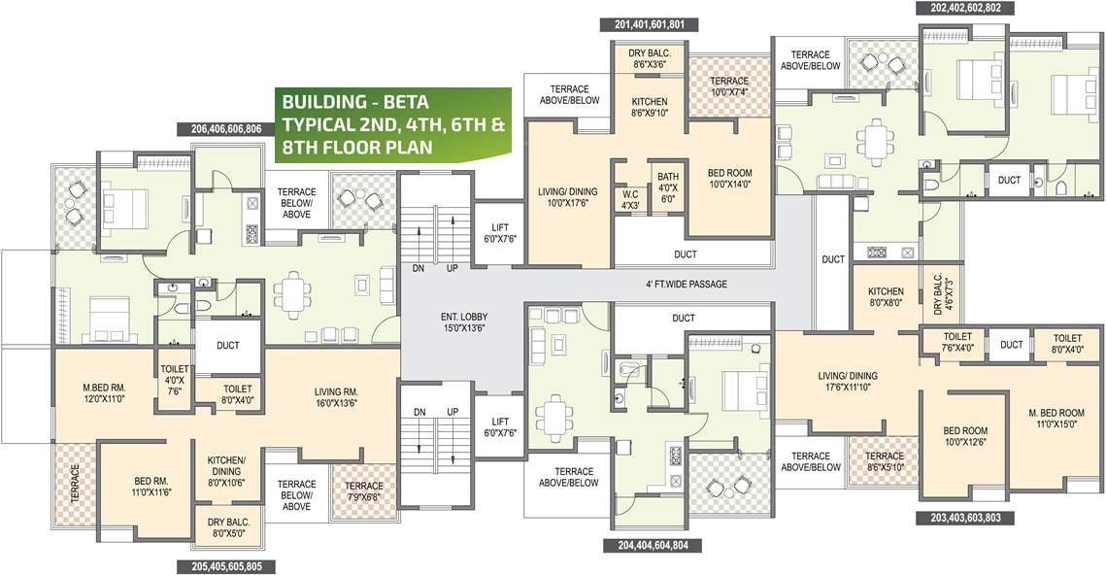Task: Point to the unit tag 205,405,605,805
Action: click(226, 565)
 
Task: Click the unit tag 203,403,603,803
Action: click(965, 518)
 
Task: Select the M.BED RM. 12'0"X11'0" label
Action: click(104, 392)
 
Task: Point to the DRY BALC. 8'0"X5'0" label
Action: click(230, 525)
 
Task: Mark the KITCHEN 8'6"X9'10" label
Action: click(649, 107)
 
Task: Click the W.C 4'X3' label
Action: click(630, 198)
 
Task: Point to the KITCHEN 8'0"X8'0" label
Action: click(885, 297)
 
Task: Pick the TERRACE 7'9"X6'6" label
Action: click(364, 491)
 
